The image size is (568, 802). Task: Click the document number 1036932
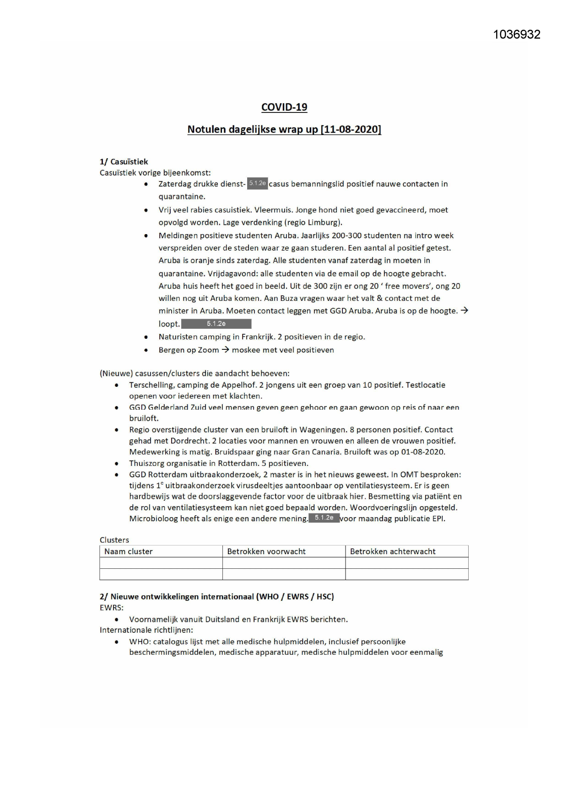pyautogui.click(x=516, y=35)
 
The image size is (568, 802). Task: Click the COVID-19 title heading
pyautogui.click(x=284, y=107)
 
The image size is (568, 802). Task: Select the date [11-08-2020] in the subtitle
pyautogui.click(x=351, y=129)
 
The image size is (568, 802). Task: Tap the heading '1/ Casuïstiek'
pyautogui.click(x=124, y=161)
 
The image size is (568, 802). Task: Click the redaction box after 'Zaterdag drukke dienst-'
pyautogui.click(x=257, y=183)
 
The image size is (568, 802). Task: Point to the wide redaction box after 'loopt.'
pyautogui.click(x=216, y=324)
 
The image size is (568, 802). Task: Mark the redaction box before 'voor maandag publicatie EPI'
pyautogui.click(x=324, y=518)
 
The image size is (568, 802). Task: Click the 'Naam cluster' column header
pyautogui.click(x=128, y=551)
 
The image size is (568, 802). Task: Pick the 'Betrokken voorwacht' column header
pyautogui.click(x=266, y=551)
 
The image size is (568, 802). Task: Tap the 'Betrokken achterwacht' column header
pyautogui.click(x=392, y=551)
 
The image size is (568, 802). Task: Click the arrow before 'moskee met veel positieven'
pyautogui.click(x=225, y=350)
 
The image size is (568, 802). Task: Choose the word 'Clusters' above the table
pyautogui.click(x=114, y=540)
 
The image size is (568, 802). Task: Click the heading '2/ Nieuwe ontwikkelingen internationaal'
pyautogui.click(x=216, y=597)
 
